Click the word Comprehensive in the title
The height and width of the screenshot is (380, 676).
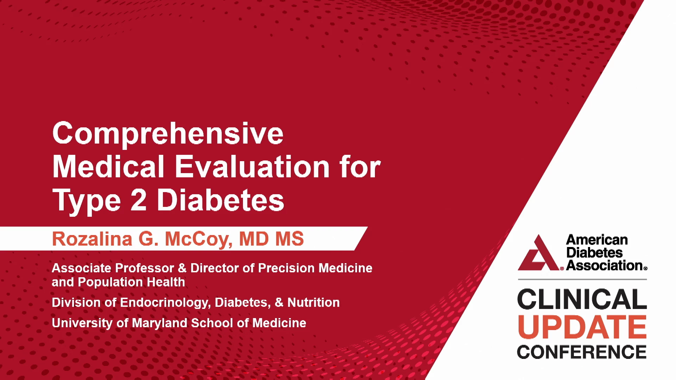(168, 134)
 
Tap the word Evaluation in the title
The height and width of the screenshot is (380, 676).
(252, 167)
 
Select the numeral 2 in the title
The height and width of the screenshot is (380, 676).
(138, 200)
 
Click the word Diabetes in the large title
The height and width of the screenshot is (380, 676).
(220, 200)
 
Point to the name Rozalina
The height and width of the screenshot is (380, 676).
(92, 239)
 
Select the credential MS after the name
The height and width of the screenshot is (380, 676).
(289, 239)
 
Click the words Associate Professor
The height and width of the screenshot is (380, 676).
(113, 268)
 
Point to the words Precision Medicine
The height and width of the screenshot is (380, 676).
(315, 268)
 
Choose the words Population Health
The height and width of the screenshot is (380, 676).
(131, 282)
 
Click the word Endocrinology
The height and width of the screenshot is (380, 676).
(165, 303)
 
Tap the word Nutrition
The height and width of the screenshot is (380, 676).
(313, 303)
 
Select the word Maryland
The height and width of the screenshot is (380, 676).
(159, 323)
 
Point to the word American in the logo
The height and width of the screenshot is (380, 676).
(597, 240)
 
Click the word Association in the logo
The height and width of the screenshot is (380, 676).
(605, 265)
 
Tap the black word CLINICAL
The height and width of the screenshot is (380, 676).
(582, 299)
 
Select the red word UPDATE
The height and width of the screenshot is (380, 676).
(582, 327)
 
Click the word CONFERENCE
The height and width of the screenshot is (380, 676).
(582, 352)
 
